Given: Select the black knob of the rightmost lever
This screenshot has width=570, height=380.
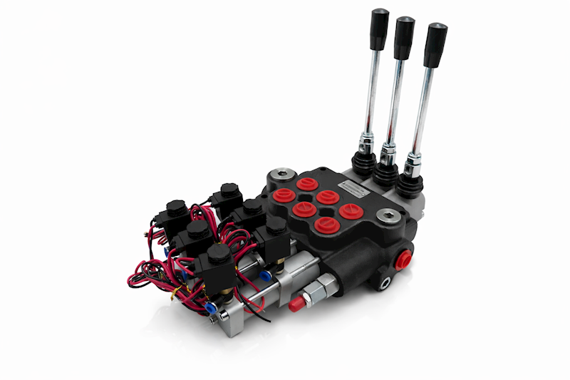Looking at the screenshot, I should [x=435, y=45].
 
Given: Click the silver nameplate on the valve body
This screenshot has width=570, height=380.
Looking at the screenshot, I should [x=351, y=189].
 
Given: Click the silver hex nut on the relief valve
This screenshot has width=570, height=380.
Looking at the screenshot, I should [x=313, y=293].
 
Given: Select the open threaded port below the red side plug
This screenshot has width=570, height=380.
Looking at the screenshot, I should [x=385, y=283].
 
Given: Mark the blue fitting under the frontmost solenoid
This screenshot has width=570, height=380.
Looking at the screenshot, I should [x=211, y=307].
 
